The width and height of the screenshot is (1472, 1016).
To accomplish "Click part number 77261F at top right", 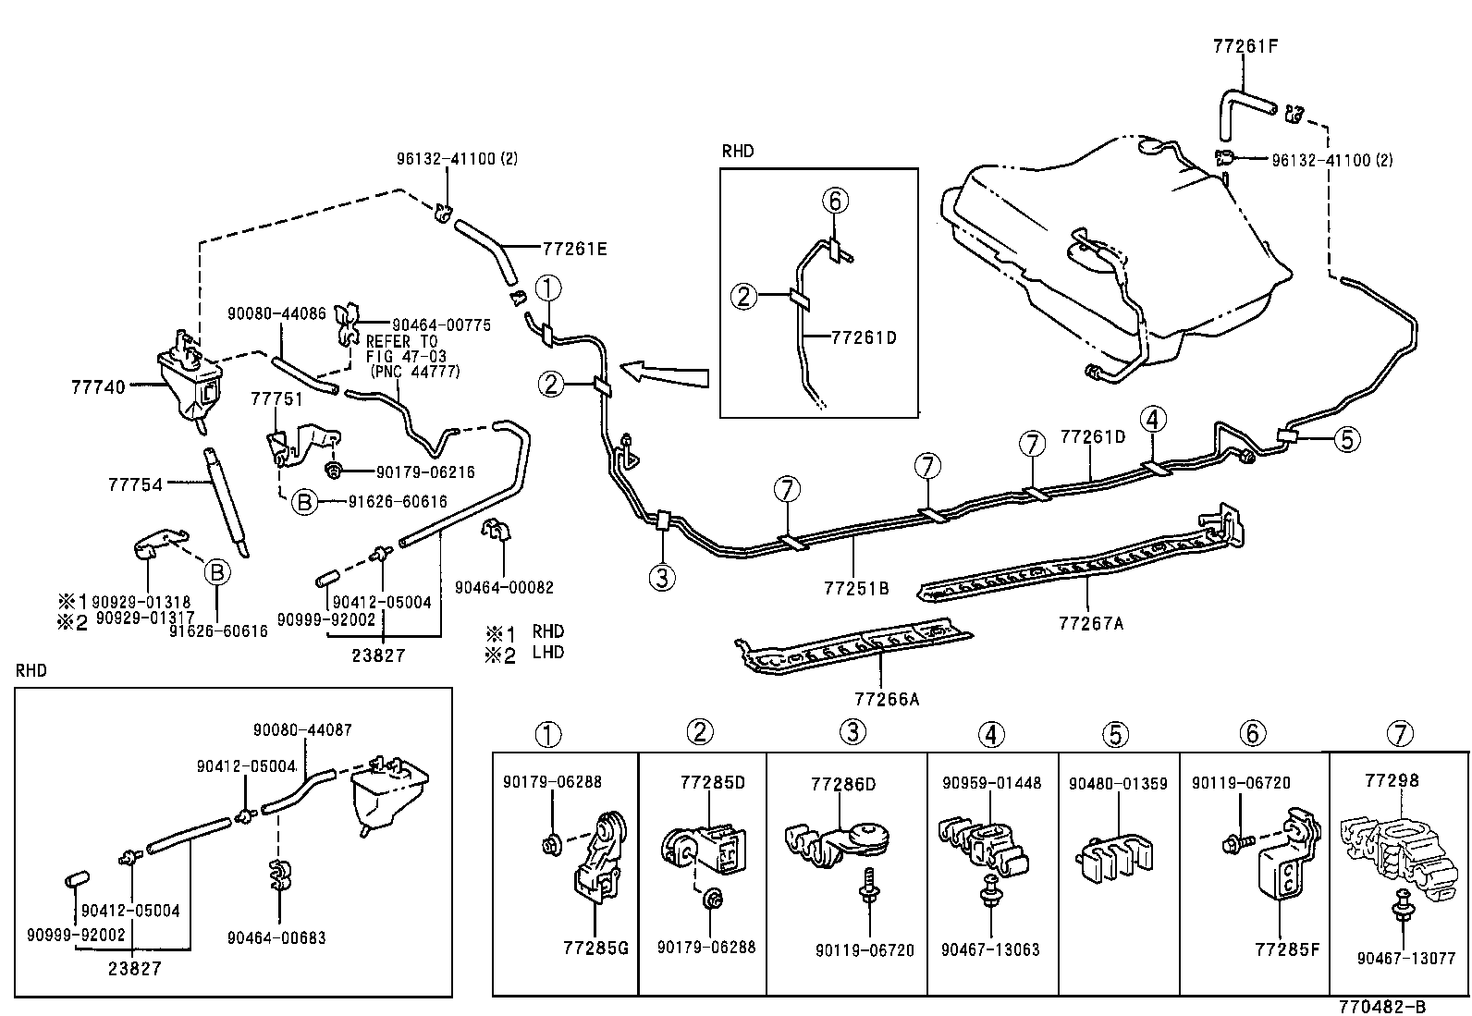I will coord(1245,44).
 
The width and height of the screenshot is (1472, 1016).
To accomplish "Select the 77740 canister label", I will coord(97,388).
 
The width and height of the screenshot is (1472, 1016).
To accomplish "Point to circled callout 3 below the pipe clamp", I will coord(662,579).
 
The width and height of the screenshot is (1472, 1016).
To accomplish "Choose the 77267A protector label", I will coord(1091,623).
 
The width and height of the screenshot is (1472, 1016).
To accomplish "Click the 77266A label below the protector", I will coord(887,699).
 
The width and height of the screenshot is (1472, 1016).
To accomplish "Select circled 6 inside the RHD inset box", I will coord(833,200).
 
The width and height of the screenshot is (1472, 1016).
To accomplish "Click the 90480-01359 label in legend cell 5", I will coord(1118,783).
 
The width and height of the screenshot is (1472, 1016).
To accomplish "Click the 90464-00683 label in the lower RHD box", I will coord(276,937).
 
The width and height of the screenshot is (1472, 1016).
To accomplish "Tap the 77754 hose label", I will coord(135,484).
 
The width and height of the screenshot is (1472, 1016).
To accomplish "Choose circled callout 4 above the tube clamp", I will coord(1152,420).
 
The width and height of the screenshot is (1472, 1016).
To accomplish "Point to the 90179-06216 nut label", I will coord(425,472).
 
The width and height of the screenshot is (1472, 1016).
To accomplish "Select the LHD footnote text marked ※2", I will coord(547,652).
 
